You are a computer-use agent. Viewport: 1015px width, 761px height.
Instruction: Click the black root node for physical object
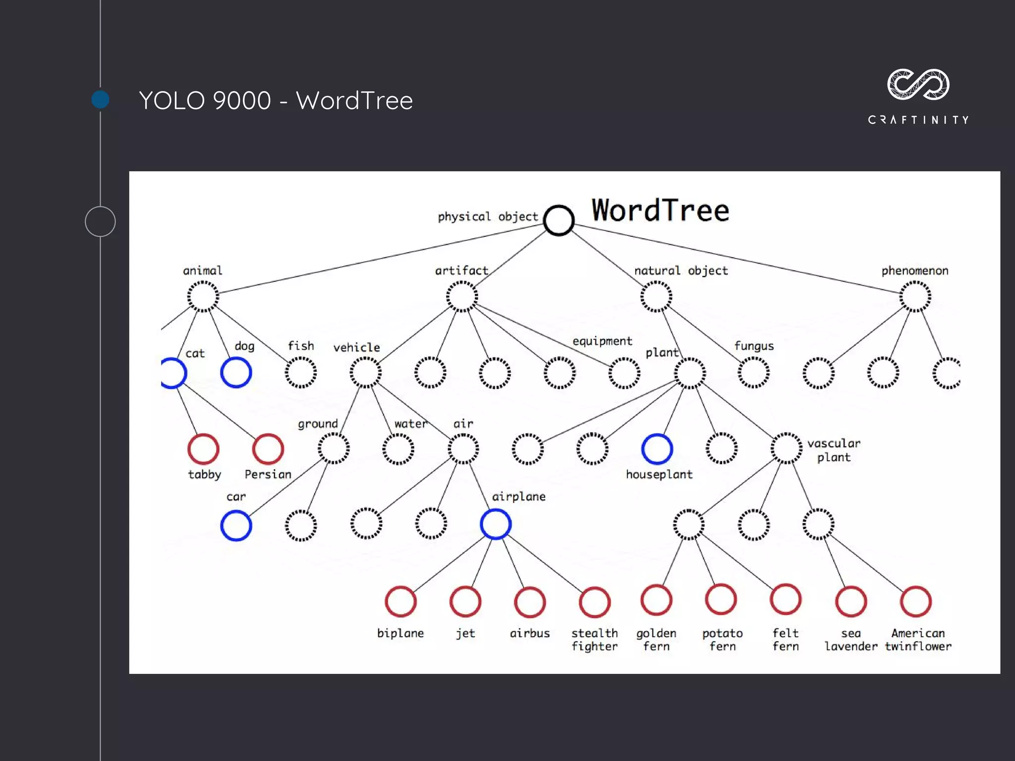[x=559, y=220]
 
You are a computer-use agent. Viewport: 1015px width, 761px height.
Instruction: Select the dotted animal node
[x=203, y=296]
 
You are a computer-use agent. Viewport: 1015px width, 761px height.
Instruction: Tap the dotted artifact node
[x=461, y=296]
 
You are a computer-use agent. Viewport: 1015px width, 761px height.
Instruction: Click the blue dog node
[x=236, y=373]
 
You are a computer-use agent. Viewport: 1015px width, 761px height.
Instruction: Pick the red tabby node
[x=203, y=449]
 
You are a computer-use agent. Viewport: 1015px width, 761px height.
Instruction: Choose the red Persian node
[x=268, y=449]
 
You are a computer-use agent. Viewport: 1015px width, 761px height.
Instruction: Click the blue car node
[x=236, y=525]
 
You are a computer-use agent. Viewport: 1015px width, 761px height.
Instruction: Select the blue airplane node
[x=496, y=524]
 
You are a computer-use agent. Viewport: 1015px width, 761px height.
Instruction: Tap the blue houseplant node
[x=657, y=449]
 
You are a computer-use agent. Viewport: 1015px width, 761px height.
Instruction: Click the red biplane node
[x=400, y=601]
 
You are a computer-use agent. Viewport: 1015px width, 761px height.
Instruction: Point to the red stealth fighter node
[x=594, y=602]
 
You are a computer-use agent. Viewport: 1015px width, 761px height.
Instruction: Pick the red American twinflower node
[x=916, y=601]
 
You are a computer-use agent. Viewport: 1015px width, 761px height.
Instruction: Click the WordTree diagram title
[x=660, y=210]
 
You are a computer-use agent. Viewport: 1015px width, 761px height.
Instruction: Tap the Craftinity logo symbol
[x=918, y=84]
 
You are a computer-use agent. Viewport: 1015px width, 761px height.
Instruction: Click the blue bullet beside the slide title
[x=101, y=100]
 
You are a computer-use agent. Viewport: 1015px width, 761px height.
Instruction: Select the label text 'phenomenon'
[x=914, y=271]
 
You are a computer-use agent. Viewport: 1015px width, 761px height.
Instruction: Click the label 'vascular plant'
[x=834, y=450]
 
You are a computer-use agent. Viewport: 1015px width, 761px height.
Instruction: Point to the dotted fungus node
[x=753, y=373]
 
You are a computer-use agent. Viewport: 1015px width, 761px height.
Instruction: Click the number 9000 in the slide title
[x=241, y=101]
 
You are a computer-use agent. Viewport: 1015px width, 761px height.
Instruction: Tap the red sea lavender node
[x=850, y=601]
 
